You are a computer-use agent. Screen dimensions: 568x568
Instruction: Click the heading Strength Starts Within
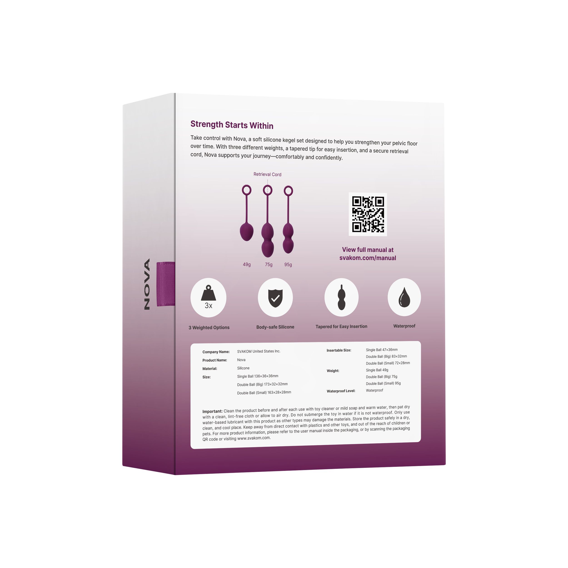pos(232,125)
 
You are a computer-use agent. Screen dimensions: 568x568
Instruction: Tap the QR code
pos(368,214)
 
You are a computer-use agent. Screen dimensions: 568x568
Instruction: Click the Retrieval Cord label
pos(267,174)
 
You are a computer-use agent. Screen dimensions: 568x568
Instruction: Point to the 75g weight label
pos(268,265)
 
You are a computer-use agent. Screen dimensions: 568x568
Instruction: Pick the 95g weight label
pos(288,265)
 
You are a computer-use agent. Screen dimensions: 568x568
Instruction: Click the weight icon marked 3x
pos(208,297)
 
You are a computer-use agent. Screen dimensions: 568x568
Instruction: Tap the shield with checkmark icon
pos(275,298)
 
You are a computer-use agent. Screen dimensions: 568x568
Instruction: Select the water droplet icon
pos(404,297)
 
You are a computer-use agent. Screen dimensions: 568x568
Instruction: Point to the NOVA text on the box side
pos(147,284)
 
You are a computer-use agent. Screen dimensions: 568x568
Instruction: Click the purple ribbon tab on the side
pos(166,284)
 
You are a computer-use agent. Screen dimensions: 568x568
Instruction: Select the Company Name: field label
pos(216,352)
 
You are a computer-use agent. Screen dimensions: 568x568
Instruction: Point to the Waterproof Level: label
pos(341,391)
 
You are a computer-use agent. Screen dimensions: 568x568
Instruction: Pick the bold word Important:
pos(212,411)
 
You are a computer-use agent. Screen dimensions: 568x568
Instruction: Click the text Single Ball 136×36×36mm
pos(258,376)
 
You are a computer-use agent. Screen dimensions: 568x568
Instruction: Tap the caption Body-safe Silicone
pos(275,327)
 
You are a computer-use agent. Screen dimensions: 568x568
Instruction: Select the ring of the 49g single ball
pos(247,190)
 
